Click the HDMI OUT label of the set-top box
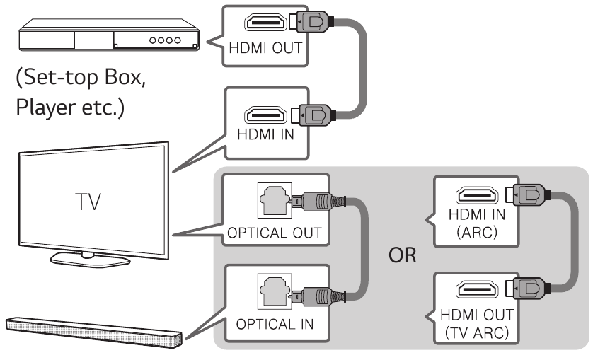pos(265,48)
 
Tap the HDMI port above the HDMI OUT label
pos(265,22)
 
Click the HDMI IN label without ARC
pos(265,134)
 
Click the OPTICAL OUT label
pos(275,233)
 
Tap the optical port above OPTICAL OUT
pos(275,201)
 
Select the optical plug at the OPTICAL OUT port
pos(318,201)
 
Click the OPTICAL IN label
pos(275,324)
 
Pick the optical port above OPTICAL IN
pos(275,292)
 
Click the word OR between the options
pos(403,255)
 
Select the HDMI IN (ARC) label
pos(477,223)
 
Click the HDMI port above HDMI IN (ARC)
pos(477,194)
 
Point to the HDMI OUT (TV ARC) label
pos(477,324)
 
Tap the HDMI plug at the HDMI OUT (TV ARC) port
pos(526,289)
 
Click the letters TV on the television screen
pos(88,202)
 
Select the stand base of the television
pos(90,259)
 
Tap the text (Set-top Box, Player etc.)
pos(81,93)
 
